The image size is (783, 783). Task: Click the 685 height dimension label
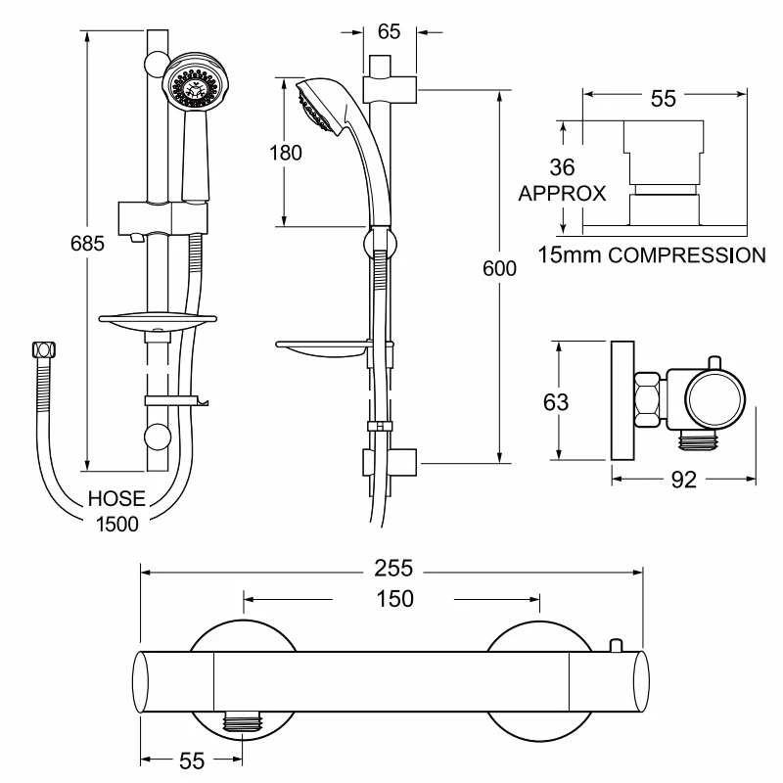coord(87,245)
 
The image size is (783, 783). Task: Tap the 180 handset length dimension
coord(286,152)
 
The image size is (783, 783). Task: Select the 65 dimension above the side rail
coord(389,30)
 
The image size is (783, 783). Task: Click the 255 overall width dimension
coord(391,568)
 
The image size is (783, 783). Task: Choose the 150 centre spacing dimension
coord(391,597)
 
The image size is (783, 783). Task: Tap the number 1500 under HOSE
coord(116,523)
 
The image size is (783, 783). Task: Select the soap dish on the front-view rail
coord(157,320)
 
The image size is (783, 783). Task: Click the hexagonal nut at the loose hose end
coord(42,350)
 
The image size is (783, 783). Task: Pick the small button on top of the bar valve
coord(616,645)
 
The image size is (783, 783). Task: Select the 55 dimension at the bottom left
coord(191,761)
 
